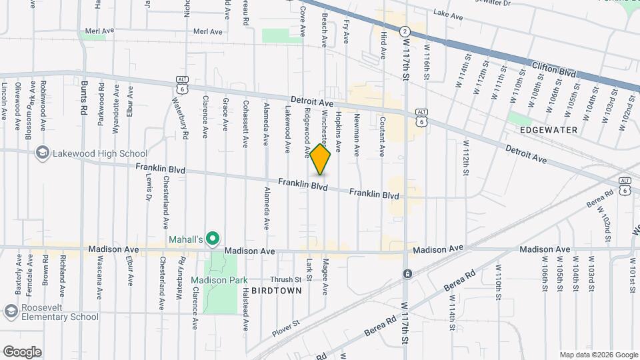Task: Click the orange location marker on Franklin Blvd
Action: click(321, 159)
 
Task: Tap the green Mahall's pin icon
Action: click(213, 238)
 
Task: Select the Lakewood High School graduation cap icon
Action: click(43, 153)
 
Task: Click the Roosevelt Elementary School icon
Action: click(11, 311)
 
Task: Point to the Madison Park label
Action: click(214, 279)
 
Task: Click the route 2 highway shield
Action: click(405, 31)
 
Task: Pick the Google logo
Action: click(22, 351)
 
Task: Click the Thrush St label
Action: click(286, 279)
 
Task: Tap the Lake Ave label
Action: click(447, 13)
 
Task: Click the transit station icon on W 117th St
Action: click(406, 273)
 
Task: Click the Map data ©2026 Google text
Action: click(598, 355)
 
